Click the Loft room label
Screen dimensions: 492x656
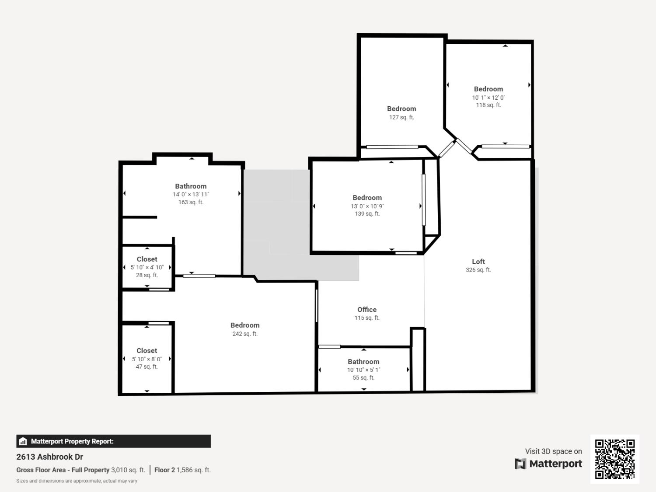coord(478,262)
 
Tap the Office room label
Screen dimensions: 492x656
coord(367,310)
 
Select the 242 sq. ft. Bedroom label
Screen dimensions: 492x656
coord(245,325)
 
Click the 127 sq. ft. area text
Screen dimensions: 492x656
coord(401,117)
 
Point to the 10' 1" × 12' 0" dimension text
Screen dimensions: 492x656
coord(489,98)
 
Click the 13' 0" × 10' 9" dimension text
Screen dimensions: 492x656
coord(367,206)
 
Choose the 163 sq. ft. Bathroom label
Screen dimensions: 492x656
coord(191,186)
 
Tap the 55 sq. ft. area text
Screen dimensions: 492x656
coord(363,378)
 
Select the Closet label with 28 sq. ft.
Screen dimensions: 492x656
coord(147,259)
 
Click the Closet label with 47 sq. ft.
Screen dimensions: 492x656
coord(147,351)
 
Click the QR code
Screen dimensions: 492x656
coord(615,459)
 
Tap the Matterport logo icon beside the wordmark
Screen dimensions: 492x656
coord(520,464)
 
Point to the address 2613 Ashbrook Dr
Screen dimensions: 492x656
coord(50,457)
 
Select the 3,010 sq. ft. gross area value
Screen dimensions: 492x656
coord(128,470)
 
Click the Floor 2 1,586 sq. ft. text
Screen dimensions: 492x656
coord(182,470)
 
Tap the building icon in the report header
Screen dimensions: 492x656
coord(23,441)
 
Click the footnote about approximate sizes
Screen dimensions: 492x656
coord(77,481)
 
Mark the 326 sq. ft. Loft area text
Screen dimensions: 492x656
coord(478,270)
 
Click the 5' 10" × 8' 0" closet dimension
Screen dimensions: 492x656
coord(147,359)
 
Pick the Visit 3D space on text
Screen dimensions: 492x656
coord(553,451)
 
